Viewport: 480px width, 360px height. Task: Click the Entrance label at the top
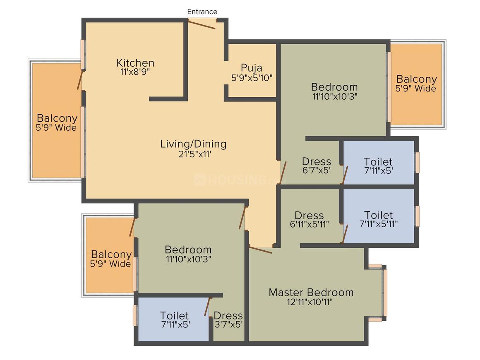pos(202,12)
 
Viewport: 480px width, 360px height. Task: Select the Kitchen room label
pos(135,63)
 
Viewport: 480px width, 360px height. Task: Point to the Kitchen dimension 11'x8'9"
pos(135,71)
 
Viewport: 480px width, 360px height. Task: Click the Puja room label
pos(252,68)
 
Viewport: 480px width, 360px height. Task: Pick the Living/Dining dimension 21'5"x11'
pos(193,154)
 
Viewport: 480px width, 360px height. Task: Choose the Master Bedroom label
pos(311,293)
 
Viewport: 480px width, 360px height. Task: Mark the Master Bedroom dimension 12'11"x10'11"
pos(311,302)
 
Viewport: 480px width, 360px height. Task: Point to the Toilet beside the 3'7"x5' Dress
pos(174,319)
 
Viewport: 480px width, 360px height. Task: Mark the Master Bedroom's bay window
pos(384,293)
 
